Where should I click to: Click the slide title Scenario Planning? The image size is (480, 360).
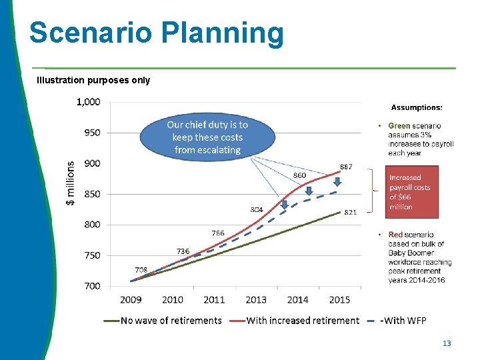[x=156, y=33]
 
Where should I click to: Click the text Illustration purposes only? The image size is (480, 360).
[x=93, y=80]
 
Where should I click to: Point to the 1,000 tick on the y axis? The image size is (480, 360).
[x=88, y=102]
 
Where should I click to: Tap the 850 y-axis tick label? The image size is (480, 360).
[x=91, y=194]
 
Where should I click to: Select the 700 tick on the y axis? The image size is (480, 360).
[x=91, y=286]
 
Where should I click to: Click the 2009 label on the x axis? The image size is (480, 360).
[x=131, y=299]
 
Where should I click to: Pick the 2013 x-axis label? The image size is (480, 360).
[x=255, y=299]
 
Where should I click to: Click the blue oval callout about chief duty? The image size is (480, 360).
[x=207, y=137]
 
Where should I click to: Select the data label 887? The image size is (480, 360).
[x=346, y=167]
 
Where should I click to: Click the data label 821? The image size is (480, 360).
[x=350, y=213]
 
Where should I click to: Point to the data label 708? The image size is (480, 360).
[x=141, y=270]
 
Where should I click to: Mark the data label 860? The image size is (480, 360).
[x=300, y=175]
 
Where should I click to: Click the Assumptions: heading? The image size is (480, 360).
[x=416, y=107]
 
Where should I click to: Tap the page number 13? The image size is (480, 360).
[x=447, y=343]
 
